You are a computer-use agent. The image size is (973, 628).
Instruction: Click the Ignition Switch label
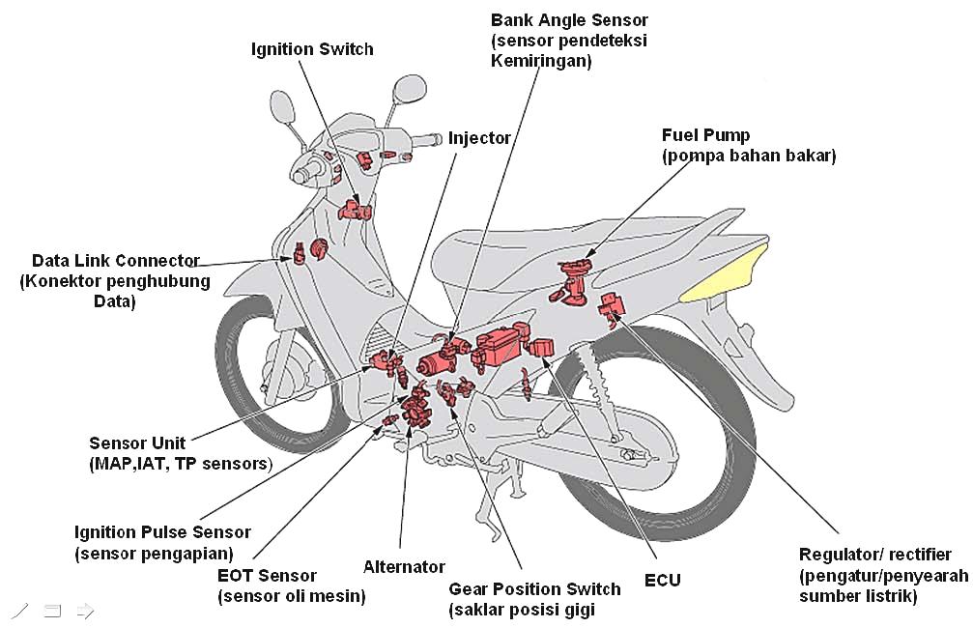click(x=312, y=49)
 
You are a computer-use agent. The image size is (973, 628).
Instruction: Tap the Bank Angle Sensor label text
click(x=569, y=20)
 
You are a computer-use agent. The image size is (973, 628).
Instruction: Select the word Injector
click(x=479, y=138)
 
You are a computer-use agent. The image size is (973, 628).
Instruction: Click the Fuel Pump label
click(x=705, y=135)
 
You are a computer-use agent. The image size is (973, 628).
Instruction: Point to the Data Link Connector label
click(x=115, y=261)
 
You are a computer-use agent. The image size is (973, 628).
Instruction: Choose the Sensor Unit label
click(x=137, y=443)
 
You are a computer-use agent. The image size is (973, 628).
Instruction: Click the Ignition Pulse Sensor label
click(x=162, y=532)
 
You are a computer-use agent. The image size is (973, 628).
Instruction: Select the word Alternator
click(x=404, y=567)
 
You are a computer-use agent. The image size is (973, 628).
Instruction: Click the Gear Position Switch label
click(x=534, y=589)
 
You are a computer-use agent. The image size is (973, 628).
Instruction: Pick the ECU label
click(x=662, y=580)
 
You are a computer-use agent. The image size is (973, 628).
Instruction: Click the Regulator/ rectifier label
click(x=875, y=555)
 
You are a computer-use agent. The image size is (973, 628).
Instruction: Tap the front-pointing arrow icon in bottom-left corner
click(x=84, y=610)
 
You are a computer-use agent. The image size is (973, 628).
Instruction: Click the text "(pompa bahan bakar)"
click(x=749, y=156)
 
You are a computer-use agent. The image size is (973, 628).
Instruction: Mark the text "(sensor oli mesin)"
click(x=292, y=596)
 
